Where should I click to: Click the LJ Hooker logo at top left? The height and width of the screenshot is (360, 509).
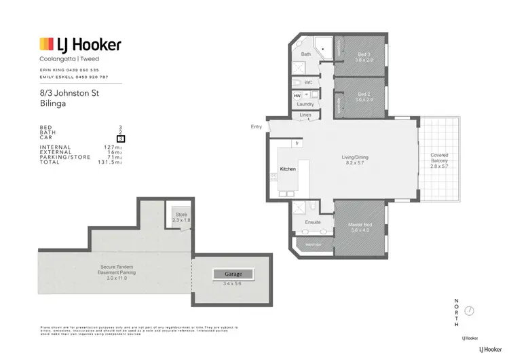(80, 46)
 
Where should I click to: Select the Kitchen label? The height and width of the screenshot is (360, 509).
(288, 168)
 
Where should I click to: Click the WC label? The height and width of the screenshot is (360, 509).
(307, 82)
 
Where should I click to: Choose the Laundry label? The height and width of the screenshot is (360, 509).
(305, 104)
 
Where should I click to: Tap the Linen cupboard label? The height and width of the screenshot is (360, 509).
(305, 116)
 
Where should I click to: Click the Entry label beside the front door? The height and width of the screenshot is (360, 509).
(256, 126)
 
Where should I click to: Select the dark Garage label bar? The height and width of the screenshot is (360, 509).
(233, 274)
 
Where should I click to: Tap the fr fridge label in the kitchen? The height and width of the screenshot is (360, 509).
(297, 143)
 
